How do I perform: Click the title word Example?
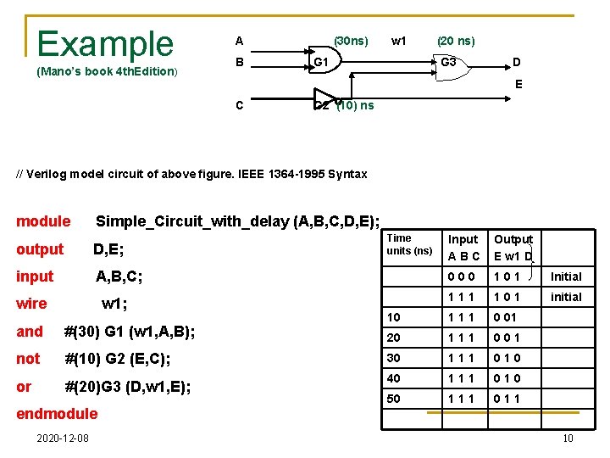point(105,42)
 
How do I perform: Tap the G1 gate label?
point(321,63)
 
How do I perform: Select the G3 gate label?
point(448,63)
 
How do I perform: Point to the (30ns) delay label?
point(351,41)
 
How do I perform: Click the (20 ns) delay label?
point(456,41)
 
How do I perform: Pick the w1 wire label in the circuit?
point(399,41)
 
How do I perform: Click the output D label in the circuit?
point(517,63)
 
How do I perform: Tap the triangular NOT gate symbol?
point(324,97)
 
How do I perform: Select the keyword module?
point(43,221)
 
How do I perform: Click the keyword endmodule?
point(57,414)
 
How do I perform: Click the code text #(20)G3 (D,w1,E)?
point(128,387)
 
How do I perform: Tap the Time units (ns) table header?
point(409,245)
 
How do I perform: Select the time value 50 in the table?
point(395,398)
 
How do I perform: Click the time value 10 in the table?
point(395,316)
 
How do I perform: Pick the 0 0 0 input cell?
point(463,276)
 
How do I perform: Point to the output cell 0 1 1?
point(509,398)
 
